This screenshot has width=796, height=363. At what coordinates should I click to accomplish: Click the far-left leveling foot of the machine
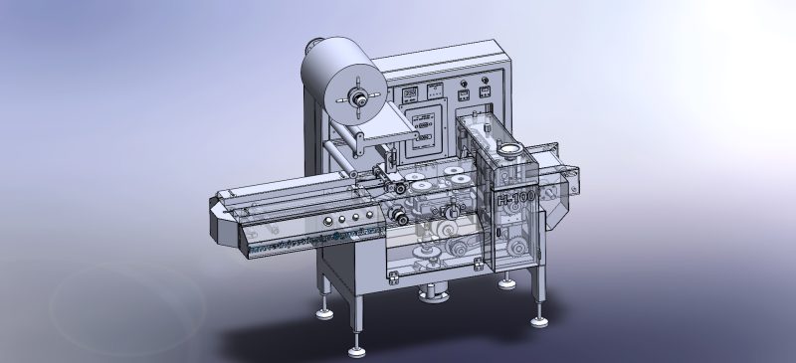click(324, 312)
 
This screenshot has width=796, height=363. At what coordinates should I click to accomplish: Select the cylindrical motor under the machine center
click(435, 293)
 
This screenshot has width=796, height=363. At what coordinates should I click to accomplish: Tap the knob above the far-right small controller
click(485, 79)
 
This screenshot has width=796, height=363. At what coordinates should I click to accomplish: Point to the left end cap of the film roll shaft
click(309, 47)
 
